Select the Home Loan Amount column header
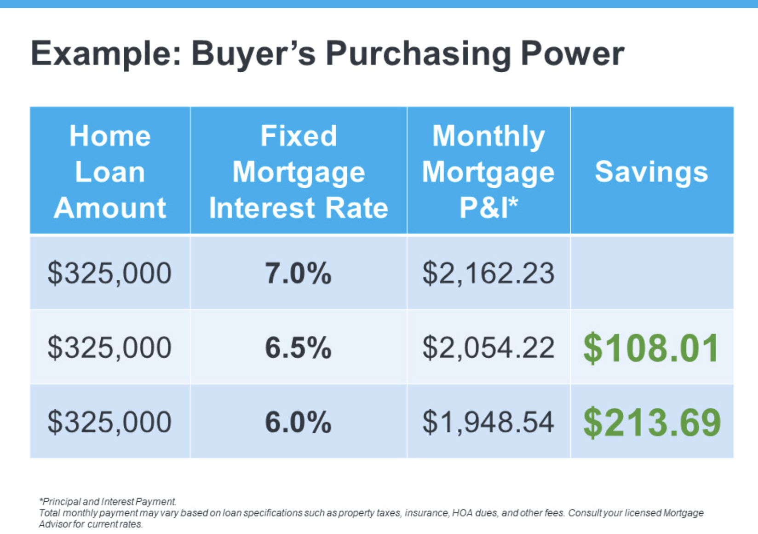(x=110, y=171)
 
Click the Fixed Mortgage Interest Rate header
(x=299, y=171)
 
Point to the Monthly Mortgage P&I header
(x=488, y=171)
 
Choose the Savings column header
(x=651, y=172)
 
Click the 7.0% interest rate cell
(x=298, y=273)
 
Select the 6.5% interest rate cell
(x=298, y=348)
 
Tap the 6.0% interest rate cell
(x=298, y=422)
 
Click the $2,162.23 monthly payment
(x=488, y=273)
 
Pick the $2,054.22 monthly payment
(x=488, y=348)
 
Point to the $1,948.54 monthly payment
(x=488, y=422)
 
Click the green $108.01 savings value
(x=651, y=348)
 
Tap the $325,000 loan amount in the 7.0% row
(x=109, y=273)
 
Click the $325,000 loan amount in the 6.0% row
(x=109, y=422)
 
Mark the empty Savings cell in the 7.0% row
(x=652, y=273)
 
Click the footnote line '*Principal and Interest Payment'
(x=108, y=501)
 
